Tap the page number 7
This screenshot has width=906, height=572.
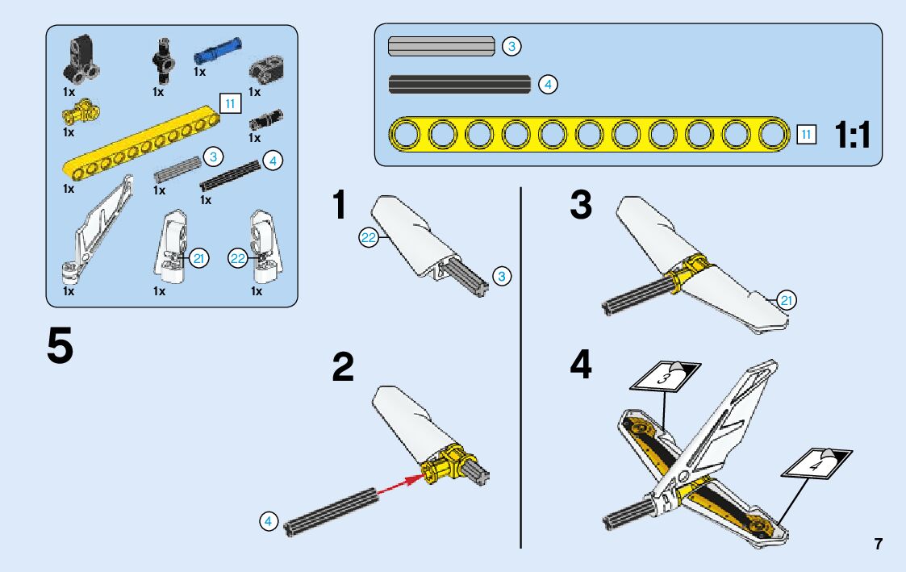(879, 544)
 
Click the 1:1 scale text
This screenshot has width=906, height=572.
(854, 136)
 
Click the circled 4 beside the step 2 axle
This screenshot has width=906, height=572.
(269, 521)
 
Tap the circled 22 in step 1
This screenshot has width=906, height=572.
(368, 237)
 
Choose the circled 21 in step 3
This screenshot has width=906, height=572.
(787, 301)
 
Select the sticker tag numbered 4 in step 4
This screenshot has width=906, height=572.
(816, 464)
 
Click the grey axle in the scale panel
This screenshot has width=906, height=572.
(441, 47)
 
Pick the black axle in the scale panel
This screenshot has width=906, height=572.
(459, 84)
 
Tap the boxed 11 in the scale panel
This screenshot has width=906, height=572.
(806, 134)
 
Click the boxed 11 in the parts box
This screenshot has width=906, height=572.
(230, 103)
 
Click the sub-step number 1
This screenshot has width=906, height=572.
(340, 207)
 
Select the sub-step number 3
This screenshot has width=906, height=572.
(581, 207)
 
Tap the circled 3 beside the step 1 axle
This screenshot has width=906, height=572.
(501, 277)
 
